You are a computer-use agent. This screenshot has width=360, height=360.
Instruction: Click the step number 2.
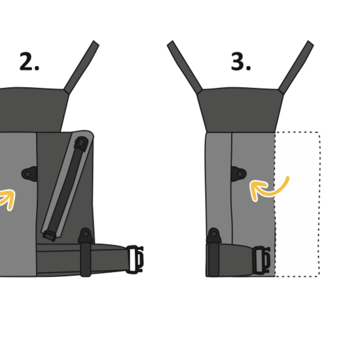pyautogui.click(x=29, y=62)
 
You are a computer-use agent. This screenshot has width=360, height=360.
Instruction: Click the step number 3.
pyautogui.click(x=241, y=62)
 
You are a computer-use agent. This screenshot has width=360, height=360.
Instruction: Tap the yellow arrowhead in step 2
pyautogui.click(x=9, y=199)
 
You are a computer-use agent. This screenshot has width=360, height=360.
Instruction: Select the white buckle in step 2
pyautogui.click(x=135, y=259)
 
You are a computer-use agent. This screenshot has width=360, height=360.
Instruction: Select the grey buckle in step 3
pyautogui.click(x=261, y=260)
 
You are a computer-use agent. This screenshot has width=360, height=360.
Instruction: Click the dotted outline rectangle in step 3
pyautogui.click(x=319, y=204)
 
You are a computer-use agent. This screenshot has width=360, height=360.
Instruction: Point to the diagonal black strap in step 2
pyautogui.click(x=65, y=189)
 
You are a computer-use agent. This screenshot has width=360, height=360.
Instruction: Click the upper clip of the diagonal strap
pyautogui.click(x=81, y=144)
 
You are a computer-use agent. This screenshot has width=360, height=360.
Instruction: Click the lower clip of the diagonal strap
pyautogui.click(x=49, y=236)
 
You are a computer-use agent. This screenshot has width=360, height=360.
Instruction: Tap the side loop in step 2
pyautogui.click(x=29, y=174)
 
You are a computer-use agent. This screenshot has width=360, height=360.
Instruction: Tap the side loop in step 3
pyautogui.click(x=239, y=174)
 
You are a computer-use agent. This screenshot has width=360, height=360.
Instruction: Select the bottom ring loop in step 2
pyautogui.click(x=86, y=235)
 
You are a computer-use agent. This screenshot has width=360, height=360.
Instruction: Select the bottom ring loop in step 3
pyautogui.click(x=214, y=235)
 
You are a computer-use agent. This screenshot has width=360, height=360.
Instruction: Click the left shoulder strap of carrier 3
pyautogui.click(x=185, y=67)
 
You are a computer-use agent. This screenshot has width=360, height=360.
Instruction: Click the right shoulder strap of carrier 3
pyautogui.click(x=296, y=67)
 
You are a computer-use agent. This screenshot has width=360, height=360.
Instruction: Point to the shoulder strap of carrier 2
pyautogui.click(x=81, y=67)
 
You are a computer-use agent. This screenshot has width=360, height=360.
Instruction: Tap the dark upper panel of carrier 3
pyautogui.click(x=240, y=110)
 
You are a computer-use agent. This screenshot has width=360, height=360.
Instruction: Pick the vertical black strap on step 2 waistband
pyautogui.click(x=86, y=259)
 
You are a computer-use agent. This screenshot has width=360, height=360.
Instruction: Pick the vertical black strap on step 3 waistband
pyautogui.click(x=213, y=259)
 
